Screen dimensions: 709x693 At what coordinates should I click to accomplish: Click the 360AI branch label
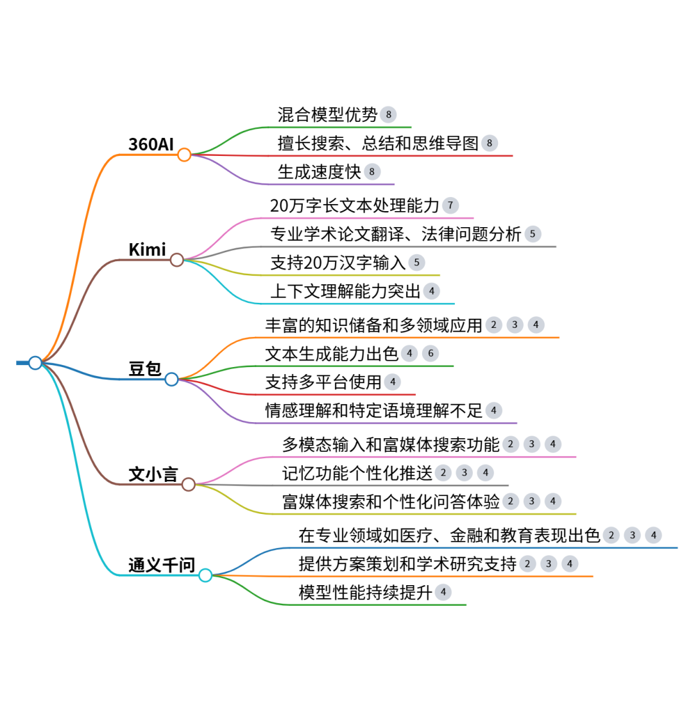tap(151, 144)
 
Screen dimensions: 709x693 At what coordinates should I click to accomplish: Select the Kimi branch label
tap(147, 250)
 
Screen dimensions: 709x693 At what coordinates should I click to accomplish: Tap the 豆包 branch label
tap(145, 369)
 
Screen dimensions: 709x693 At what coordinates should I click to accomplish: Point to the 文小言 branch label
tap(153, 475)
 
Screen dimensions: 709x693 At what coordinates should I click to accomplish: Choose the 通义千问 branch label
tap(162, 565)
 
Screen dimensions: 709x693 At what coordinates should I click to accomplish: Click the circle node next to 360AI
tap(184, 155)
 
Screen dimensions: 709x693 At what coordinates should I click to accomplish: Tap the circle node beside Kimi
tap(177, 260)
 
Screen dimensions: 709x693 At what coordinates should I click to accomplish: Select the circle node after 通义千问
tap(205, 576)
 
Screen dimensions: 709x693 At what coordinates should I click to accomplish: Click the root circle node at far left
tap(35, 363)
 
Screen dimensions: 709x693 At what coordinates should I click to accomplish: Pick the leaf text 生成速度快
tap(319, 172)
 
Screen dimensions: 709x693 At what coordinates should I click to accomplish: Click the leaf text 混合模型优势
tap(327, 115)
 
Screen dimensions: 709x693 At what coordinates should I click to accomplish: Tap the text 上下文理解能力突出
tap(345, 291)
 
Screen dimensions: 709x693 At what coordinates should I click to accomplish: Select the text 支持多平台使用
tap(323, 382)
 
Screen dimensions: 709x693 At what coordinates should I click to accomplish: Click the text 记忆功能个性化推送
tap(357, 474)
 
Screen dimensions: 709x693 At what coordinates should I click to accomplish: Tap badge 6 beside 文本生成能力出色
tap(431, 354)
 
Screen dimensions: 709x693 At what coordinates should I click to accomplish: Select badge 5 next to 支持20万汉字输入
tap(416, 262)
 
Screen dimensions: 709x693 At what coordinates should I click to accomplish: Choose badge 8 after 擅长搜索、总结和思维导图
tap(489, 143)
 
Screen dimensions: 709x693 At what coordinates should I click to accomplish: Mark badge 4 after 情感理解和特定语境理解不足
tap(493, 411)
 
